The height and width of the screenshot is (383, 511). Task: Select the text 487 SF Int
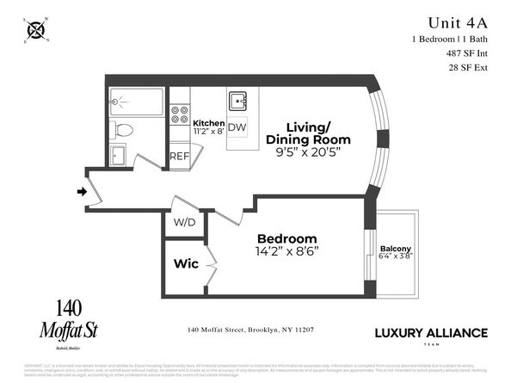coord(468,53)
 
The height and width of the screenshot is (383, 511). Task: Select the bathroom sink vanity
coord(119,156)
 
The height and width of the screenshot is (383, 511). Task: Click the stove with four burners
coord(180,115)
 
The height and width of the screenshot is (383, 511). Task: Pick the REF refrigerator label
coord(179,156)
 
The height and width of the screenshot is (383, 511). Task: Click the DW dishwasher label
coord(237,127)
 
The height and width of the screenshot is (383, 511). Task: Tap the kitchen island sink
coord(238,102)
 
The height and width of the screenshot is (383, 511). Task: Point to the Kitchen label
coord(209,123)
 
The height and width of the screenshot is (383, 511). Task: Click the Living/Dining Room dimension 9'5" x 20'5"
coord(308,152)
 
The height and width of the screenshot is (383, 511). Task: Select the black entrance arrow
coord(82,191)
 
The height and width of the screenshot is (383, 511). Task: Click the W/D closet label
coord(184,223)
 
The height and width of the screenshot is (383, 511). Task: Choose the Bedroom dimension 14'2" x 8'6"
coord(287,253)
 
